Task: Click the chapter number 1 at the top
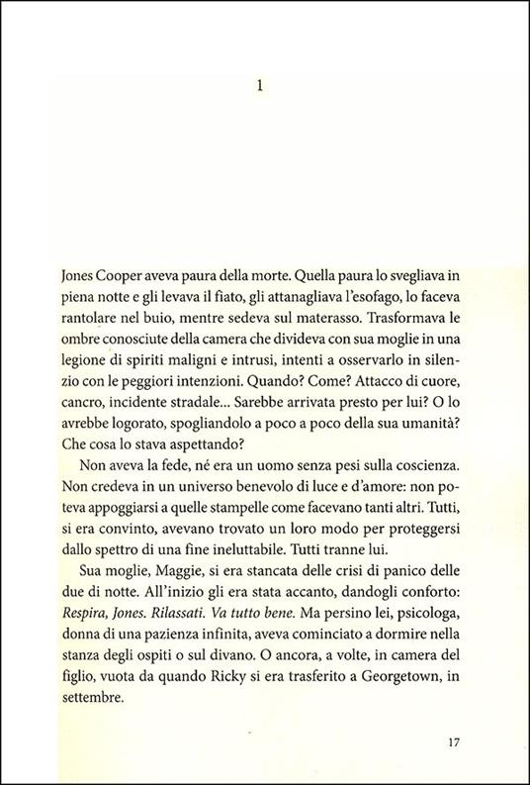(258, 86)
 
